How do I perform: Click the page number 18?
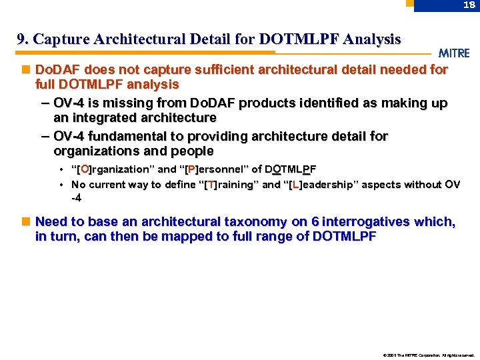pyautogui.click(x=469, y=5)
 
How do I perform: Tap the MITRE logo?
pyautogui.click(x=454, y=53)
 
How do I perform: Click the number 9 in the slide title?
pyautogui.click(x=21, y=40)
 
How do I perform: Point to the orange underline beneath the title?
pyautogui.click(x=146, y=52)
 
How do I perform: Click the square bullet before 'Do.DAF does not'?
pyautogui.click(x=26, y=69)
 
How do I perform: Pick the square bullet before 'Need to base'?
pyautogui.click(x=26, y=221)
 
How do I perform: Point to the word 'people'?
pyautogui.click(x=193, y=151)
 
